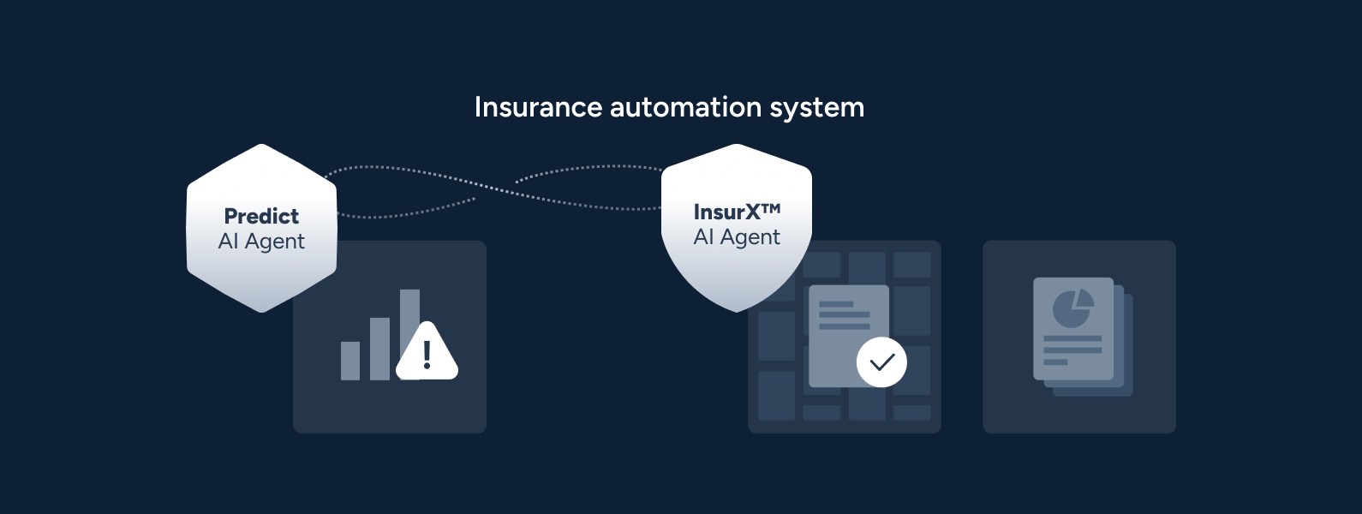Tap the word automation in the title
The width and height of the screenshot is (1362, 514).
(685, 107)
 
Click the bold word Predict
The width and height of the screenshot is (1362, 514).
(261, 216)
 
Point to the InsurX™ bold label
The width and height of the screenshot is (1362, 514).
(737, 212)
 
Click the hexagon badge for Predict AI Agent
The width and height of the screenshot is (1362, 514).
(261, 228)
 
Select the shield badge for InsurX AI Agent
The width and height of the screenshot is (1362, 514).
(737, 228)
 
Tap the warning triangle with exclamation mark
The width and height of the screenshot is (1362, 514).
(427, 351)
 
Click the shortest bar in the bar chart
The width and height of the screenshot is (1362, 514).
(350, 361)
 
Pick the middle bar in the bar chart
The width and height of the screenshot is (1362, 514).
(380, 349)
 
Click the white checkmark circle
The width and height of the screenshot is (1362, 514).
(881, 362)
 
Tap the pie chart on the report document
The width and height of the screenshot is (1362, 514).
(1073, 308)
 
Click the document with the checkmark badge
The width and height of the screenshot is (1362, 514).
(849, 336)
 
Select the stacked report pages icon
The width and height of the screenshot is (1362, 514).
(1083, 337)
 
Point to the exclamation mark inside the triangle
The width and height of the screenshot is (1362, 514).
(427, 355)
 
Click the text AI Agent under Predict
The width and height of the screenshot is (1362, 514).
(261, 242)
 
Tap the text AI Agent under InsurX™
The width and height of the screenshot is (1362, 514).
(737, 237)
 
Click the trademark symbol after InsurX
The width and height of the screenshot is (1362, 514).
(770, 209)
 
